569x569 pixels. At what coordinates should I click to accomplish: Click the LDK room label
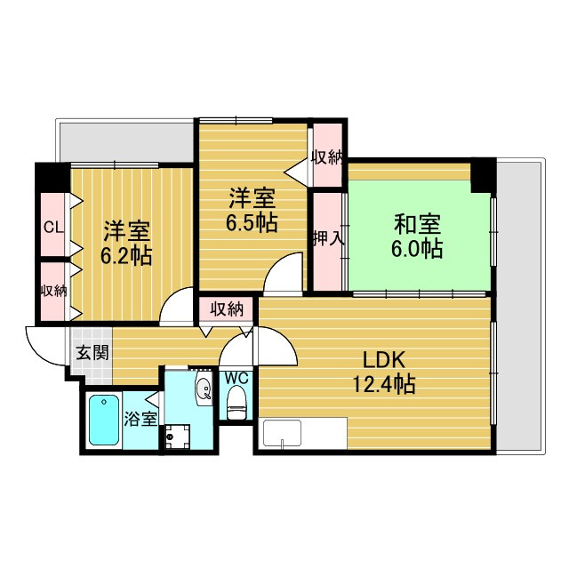coord(384,360)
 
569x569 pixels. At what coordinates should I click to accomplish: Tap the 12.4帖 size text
coord(384,384)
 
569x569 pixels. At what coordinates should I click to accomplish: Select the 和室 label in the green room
coord(417,225)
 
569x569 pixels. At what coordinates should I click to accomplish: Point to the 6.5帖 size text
coord(252,222)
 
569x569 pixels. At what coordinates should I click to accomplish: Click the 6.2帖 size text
coord(126,255)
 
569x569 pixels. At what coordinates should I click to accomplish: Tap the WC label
coord(236,378)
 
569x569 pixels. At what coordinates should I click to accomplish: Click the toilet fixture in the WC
coord(236,402)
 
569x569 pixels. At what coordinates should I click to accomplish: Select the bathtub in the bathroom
coord(104,420)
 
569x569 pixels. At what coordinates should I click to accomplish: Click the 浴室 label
coord(140,419)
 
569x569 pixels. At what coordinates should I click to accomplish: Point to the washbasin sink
coord(204,389)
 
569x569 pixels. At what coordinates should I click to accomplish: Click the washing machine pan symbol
coord(177,437)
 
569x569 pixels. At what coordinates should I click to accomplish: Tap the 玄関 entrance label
coord(92,352)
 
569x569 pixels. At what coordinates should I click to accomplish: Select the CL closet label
coord(53,228)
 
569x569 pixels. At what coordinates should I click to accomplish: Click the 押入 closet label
coord(328,238)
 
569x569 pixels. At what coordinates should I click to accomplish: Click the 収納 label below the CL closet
coord(53,291)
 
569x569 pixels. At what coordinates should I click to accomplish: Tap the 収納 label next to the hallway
coord(228,309)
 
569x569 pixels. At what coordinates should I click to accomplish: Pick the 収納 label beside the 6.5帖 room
coord(328,157)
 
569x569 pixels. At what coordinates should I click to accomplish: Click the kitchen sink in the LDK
coord(283,433)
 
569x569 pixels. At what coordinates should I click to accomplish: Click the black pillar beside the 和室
coord(483,175)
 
